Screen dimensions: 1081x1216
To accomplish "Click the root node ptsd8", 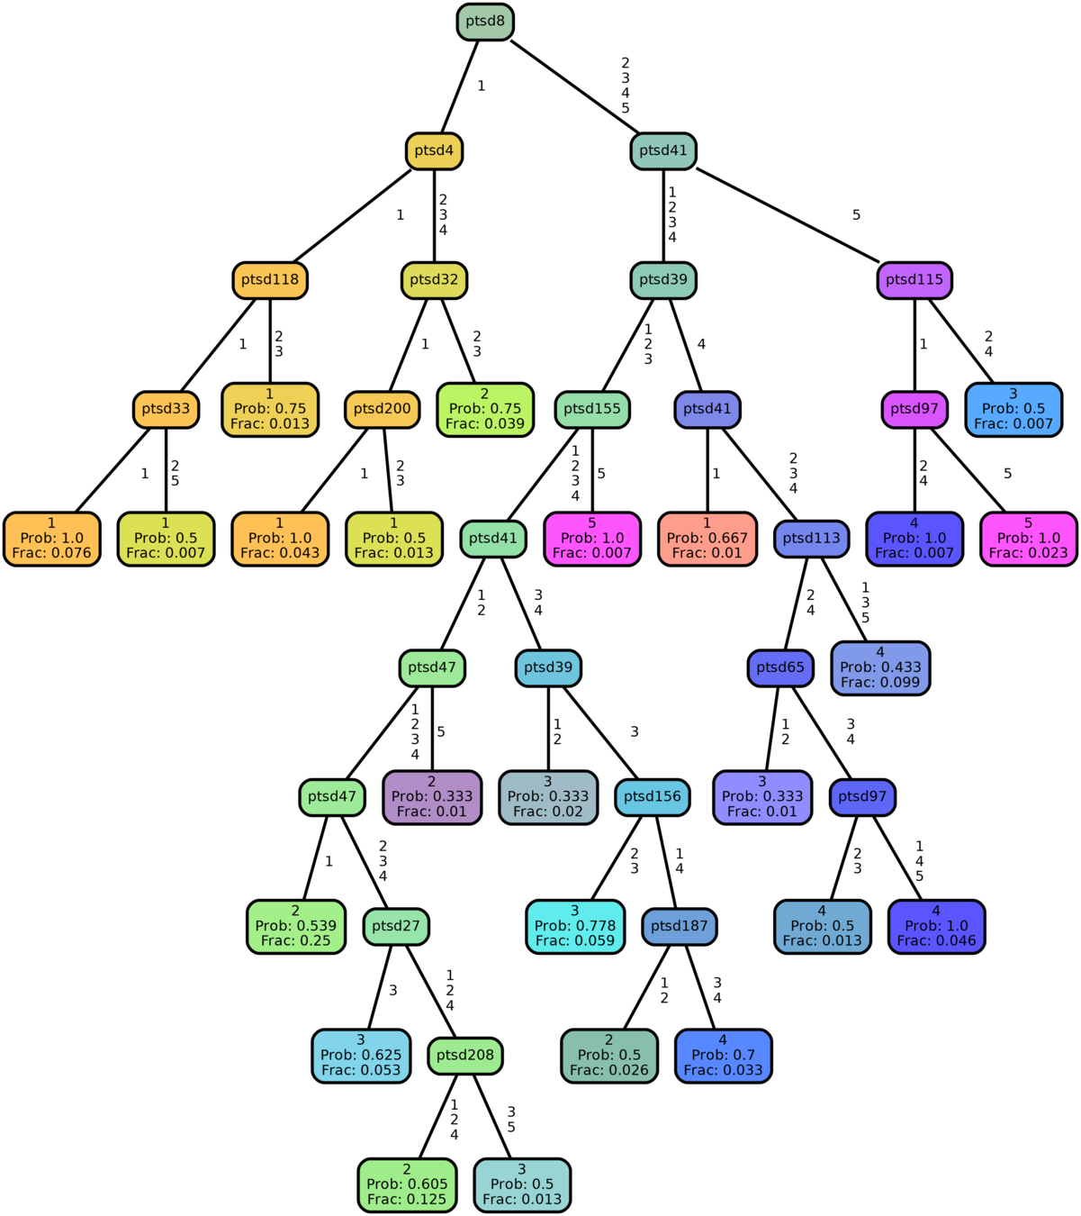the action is tap(485, 22).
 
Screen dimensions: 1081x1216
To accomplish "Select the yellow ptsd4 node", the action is tap(434, 150).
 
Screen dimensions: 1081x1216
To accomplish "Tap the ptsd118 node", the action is tap(270, 280).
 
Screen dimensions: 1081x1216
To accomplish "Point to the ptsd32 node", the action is tap(434, 280).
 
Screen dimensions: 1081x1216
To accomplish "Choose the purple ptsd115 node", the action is tap(914, 280).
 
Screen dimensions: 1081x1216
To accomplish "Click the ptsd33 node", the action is tap(167, 409).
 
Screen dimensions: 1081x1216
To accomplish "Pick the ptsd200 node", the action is tap(383, 409).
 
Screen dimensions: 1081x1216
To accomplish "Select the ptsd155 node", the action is tap(592, 409).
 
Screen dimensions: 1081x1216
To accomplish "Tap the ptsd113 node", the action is tap(811, 539).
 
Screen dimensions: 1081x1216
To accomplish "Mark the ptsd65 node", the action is tap(780, 667).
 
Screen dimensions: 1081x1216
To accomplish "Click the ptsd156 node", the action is tap(653, 797).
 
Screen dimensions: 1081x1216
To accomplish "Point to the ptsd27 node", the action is tap(396, 926).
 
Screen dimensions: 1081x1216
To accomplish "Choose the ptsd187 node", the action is tap(680, 926).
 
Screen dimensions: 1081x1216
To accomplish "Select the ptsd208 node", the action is tap(465, 1056).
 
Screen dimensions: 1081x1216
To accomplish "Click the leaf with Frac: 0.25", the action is tap(296, 926).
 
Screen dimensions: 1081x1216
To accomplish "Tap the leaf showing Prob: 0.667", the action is tap(707, 539).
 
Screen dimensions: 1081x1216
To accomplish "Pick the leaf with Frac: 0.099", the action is tap(880, 667).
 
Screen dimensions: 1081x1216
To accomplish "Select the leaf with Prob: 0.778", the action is tap(575, 926).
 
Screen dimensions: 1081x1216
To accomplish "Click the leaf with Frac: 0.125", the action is tap(407, 1184).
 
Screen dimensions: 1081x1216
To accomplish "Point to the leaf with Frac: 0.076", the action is tap(52, 539).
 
